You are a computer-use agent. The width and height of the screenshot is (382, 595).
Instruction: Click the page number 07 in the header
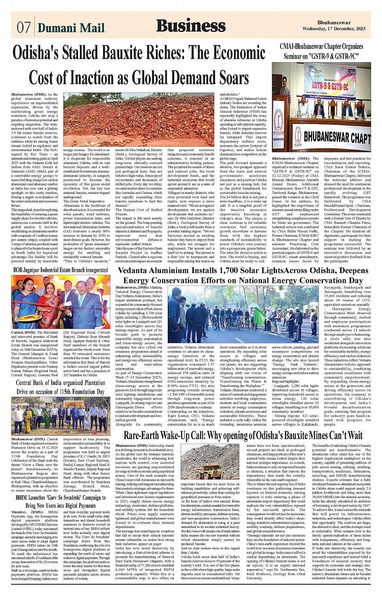coord(23,28)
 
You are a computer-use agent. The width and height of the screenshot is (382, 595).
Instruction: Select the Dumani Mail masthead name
coord(71,28)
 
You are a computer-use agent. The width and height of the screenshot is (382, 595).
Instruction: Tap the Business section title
coord(191,26)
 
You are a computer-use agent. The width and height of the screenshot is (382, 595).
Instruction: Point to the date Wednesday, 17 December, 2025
coord(333,29)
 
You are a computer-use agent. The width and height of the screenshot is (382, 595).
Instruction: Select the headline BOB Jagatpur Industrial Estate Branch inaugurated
coord(61,270)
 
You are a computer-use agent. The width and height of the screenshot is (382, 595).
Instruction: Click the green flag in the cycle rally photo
coord(259,316)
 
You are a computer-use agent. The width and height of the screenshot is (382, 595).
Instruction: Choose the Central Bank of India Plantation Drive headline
coord(61,387)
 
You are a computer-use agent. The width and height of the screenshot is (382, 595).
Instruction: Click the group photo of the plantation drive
coord(61,415)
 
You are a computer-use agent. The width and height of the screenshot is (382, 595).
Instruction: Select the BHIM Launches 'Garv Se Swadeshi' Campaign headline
coord(61,501)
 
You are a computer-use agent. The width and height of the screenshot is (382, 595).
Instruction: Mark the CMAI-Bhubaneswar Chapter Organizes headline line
coord(321,46)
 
